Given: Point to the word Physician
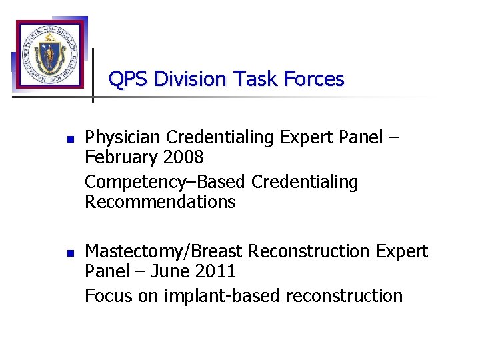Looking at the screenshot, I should coord(123,137).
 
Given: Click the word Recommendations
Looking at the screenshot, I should coord(160,202).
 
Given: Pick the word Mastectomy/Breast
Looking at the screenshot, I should coord(165,251).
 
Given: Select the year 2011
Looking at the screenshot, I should coord(214,271).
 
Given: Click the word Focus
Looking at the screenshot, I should coord(109,295).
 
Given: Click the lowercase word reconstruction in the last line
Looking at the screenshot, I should coord(345,295).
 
